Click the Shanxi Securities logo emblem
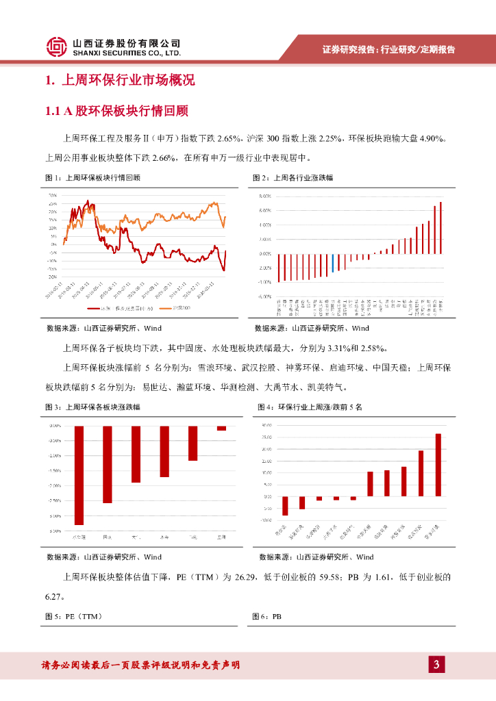point(57,47)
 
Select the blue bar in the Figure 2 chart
point(333,263)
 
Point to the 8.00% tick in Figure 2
point(265,196)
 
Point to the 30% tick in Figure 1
point(52,196)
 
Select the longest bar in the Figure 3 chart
point(79,475)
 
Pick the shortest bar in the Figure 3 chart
point(221,429)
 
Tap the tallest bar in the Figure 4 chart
point(438,465)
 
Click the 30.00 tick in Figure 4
point(267,426)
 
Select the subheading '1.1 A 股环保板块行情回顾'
point(116,111)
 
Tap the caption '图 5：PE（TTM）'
point(73,617)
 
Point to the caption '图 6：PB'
point(268,617)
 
